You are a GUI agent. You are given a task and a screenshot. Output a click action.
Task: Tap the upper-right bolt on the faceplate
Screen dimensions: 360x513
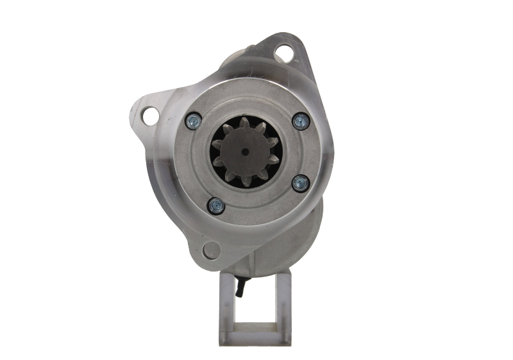(x=299, y=120)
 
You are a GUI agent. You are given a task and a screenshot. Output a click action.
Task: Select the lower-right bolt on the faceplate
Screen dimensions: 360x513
(x=299, y=184)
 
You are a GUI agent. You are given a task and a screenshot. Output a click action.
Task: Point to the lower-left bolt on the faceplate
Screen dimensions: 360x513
(x=215, y=205)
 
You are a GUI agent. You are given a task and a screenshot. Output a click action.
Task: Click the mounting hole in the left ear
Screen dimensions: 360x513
(x=150, y=116)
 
